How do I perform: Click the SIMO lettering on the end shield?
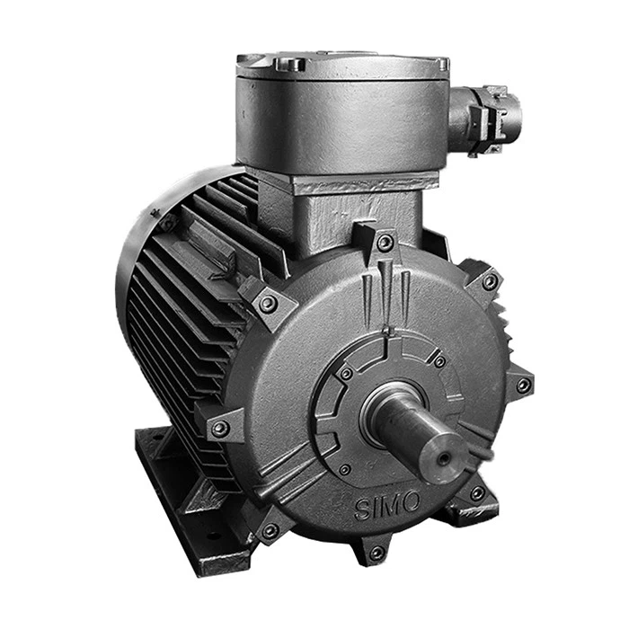[x=385, y=505]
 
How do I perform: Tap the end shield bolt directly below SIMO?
[x=377, y=551]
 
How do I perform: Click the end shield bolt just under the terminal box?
[x=385, y=243]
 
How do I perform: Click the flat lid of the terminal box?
[x=341, y=63]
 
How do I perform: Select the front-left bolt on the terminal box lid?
[x=289, y=65]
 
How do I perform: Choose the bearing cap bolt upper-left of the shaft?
[x=346, y=373]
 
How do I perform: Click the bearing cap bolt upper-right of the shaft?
[x=439, y=361]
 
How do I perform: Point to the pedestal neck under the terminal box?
[x=359, y=211]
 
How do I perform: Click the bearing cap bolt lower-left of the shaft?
[x=345, y=468]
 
